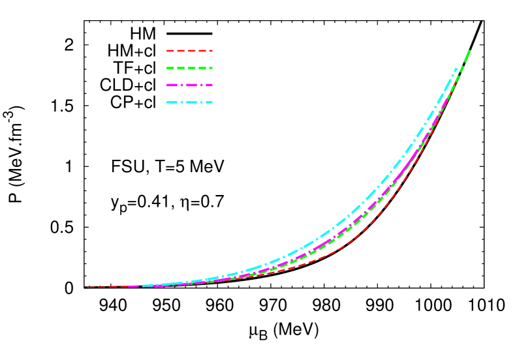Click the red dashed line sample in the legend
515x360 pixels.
[x=189, y=50]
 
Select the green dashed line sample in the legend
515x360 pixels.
[x=189, y=68]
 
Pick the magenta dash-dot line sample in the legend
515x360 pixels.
[x=189, y=85]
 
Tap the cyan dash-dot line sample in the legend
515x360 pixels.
[x=189, y=102]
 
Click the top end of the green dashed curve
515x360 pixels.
[x=469, y=50]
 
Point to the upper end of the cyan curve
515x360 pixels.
[x=456, y=68]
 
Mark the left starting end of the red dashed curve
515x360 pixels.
[x=87, y=287]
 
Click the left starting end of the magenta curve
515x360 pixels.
[x=129, y=286]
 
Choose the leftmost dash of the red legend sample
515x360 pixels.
[x=170, y=50]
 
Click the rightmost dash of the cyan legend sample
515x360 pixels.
[x=208, y=102]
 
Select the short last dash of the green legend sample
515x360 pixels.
[x=210, y=68]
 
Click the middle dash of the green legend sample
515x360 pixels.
[x=189, y=68]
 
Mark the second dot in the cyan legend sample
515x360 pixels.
[x=202, y=102]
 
